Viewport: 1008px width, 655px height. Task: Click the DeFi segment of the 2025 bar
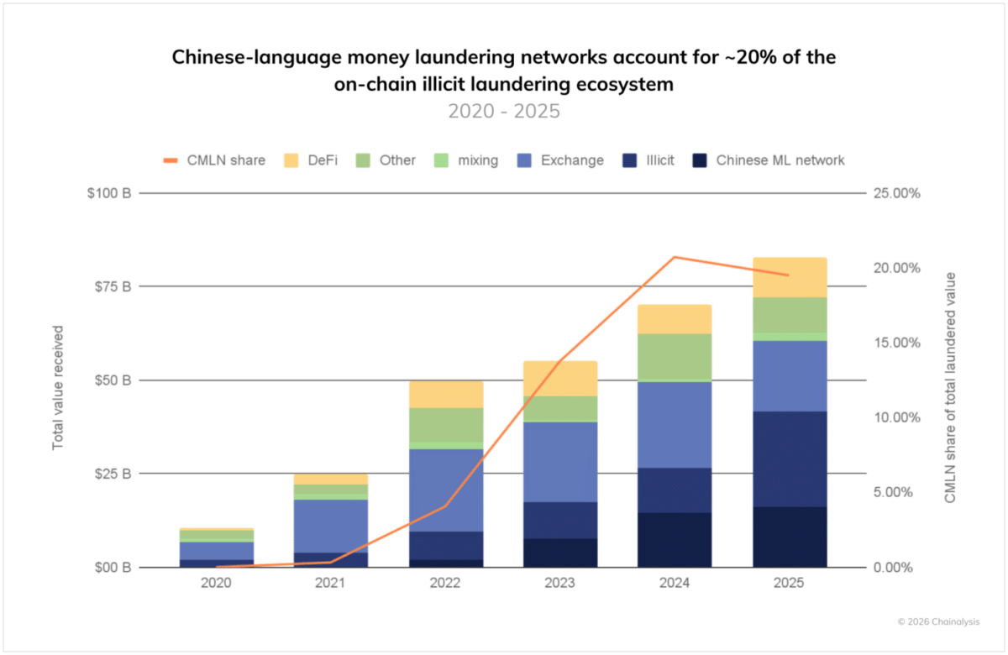click(790, 278)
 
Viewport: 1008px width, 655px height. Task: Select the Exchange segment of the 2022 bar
click(445, 490)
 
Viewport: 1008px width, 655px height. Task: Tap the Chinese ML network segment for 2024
click(675, 539)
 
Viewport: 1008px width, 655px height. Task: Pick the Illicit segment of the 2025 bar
click(790, 458)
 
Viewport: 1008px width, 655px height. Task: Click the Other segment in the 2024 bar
click(675, 357)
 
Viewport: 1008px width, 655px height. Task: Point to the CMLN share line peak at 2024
click(675, 257)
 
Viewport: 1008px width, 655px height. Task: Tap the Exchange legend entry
click(562, 160)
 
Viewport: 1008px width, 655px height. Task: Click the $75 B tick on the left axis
click(115, 286)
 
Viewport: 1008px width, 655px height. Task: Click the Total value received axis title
click(58, 386)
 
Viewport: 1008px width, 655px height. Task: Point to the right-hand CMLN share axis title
click(950, 387)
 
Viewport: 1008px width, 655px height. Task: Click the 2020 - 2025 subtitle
click(503, 112)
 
